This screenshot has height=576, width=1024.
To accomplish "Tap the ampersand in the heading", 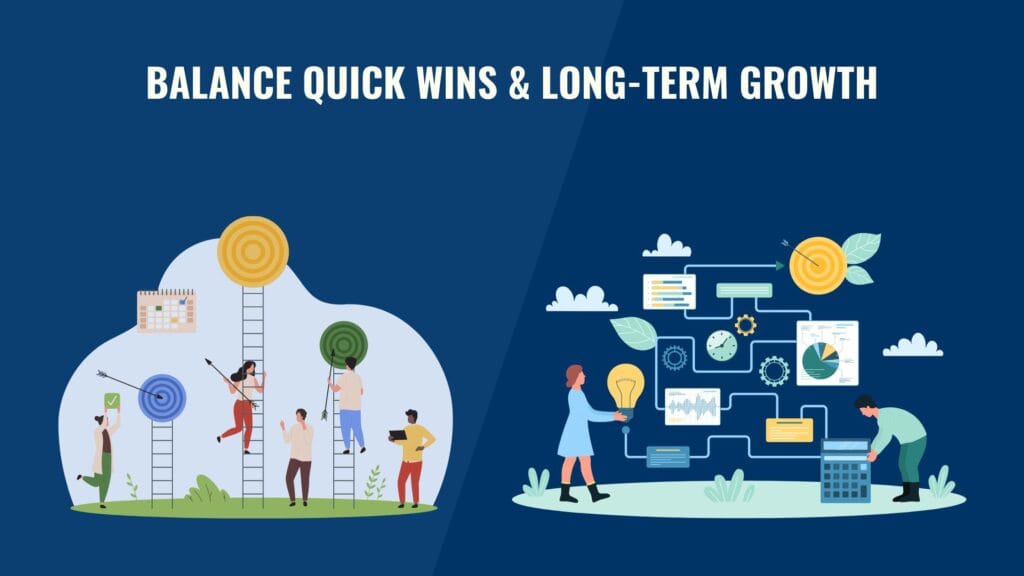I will tap(517, 83).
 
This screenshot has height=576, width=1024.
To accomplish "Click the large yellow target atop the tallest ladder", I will tap(253, 251).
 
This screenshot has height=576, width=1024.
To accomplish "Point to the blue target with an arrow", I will tap(162, 397).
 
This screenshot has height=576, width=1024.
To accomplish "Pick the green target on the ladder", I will tap(343, 343).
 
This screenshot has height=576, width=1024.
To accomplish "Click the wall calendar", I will tap(166, 311).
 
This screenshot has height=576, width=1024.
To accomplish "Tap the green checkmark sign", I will tap(112, 401).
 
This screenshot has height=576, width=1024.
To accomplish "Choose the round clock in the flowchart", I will tap(721, 345).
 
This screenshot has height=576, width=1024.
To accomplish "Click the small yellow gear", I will tap(745, 324).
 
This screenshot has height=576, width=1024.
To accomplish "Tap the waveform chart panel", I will tap(692, 406).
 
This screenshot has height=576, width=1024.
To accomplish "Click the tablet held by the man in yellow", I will tap(397, 435).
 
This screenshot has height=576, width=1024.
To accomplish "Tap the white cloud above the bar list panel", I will tap(667, 245).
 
